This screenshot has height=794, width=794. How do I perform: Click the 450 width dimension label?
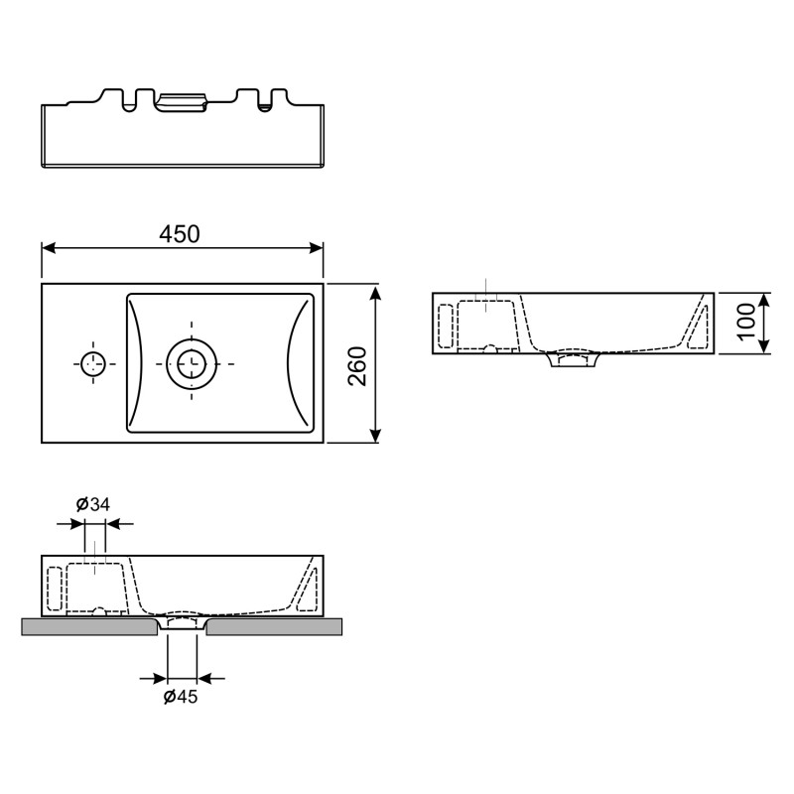point(180,234)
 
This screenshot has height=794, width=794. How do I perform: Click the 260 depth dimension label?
point(358,366)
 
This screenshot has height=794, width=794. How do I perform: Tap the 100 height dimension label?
point(745,322)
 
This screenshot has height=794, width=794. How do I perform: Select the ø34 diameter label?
point(93,504)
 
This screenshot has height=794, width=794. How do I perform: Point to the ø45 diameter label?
point(181,697)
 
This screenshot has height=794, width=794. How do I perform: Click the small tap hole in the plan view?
point(93,363)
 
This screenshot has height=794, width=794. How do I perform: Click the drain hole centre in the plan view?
point(192,363)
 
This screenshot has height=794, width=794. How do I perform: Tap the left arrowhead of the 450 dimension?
point(48,248)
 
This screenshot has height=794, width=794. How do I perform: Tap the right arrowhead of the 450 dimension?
point(316,248)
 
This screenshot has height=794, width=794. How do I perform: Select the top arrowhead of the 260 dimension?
point(375,291)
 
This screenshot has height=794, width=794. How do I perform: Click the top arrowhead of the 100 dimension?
point(764,300)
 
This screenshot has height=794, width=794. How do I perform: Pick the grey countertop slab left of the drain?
point(89,626)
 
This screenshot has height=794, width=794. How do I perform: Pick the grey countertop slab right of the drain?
point(274,626)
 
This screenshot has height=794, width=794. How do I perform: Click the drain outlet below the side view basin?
point(573,359)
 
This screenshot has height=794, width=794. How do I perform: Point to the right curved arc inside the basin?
point(296,363)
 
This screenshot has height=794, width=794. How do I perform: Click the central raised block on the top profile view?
point(183,102)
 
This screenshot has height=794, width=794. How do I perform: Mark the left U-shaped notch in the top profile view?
point(129,101)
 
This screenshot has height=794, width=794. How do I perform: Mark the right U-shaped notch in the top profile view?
point(265,100)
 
